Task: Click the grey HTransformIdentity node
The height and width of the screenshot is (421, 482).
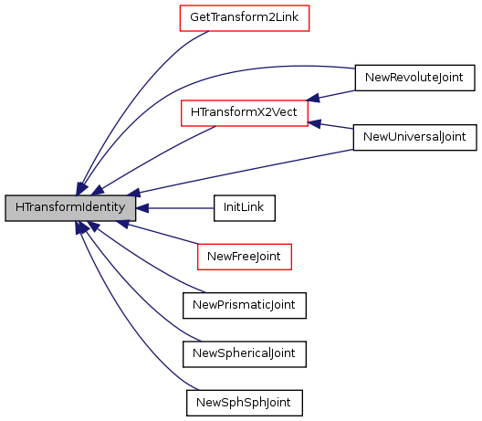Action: pyautogui.click(x=70, y=208)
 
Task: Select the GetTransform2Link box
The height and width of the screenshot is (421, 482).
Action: pyautogui.click(x=245, y=18)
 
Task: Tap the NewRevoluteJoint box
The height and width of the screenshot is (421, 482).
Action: pyautogui.click(x=414, y=78)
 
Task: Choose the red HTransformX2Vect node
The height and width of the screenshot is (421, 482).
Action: pyautogui.click(x=245, y=113)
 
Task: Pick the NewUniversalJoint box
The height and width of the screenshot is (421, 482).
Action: pyautogui.click(x=414, y=137)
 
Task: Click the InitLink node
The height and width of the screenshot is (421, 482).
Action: pyautogui.click(x=245, y=208)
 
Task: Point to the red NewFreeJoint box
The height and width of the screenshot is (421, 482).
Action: pyautogui.click(x=245, y=257)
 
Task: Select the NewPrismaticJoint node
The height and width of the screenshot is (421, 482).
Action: pyautogui.click(x=245, y=305)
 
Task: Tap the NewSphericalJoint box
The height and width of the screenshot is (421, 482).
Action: pyautogui.click(x=245, y=354)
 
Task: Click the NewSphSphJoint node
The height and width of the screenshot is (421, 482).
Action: pyautogui.click(x=245, y=403)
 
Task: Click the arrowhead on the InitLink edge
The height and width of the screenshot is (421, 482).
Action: pyautogui.click(x=142, y=208)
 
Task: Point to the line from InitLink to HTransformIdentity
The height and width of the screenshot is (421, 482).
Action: pyautogui.click(x=175, y=208)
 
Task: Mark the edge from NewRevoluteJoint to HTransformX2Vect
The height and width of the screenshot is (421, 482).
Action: pyautogui.click(x=331, y=96)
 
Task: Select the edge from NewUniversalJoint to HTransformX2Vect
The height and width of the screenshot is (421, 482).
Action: pyautogui.click(x=330, y=125)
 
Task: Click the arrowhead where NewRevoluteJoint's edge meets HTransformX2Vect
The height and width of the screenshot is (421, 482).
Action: pyautogui.click(x=313, y=98)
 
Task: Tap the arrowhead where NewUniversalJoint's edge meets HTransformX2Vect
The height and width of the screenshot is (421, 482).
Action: pyautogui.click(x=314, y=123)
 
